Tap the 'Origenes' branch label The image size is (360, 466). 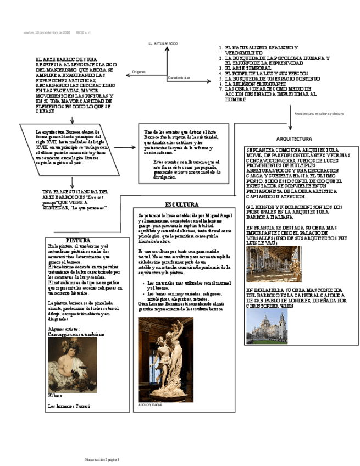[139, 72]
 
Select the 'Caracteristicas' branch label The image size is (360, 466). [180, 77]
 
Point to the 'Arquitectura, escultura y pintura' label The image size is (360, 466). [319, 113]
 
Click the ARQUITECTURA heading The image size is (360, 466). [294, 139]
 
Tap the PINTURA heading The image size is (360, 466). [77, 241]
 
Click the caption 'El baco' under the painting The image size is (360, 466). [55, 395]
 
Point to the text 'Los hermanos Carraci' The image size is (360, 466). [69, 406]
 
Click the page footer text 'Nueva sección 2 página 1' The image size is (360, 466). [102, 459]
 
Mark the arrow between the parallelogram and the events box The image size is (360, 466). [127, 147]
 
